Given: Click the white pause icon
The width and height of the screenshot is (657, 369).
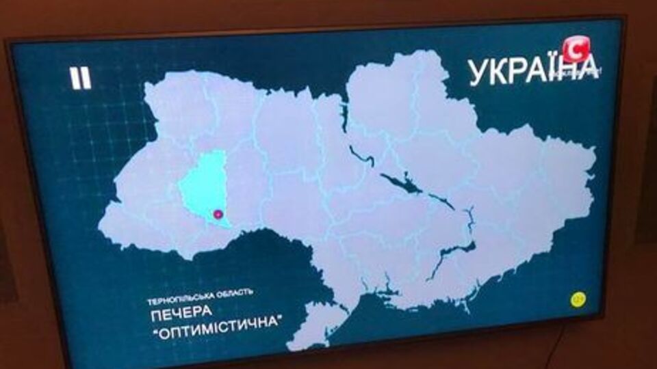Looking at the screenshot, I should click(80, 77).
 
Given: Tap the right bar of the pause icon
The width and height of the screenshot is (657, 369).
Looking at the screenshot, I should click(86, 77).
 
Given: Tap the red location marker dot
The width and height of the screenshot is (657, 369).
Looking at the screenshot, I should click(218, 215).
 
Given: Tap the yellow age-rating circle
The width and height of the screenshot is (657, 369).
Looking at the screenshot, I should click(578, 299).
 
